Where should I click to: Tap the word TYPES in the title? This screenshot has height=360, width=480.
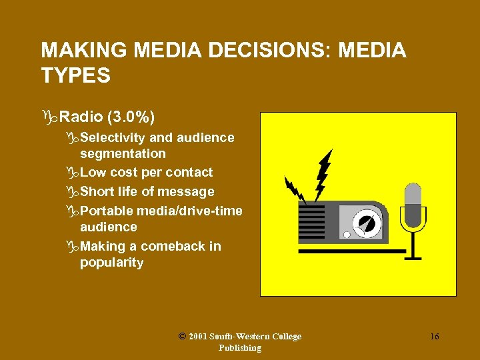tap(75, 75)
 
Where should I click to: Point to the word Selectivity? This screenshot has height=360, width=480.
tap(113, 137)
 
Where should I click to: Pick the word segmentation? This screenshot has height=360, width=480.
tap(123, 153)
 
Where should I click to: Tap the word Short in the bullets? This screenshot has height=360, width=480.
tap(97, 191)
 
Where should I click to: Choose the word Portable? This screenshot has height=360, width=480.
tap(107, 211)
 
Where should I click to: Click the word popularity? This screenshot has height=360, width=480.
tap(111, 262)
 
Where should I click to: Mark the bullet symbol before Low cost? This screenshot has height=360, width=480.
tap(73, 173)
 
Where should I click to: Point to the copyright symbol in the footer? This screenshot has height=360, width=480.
tap(183, 336)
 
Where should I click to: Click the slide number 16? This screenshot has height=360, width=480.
tap(434, 337)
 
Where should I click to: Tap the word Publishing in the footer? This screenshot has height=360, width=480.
tap(239, 347)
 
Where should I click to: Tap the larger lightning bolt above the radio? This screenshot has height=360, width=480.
tap(324, 173)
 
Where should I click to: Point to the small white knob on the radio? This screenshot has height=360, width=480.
tap(347, 235)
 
